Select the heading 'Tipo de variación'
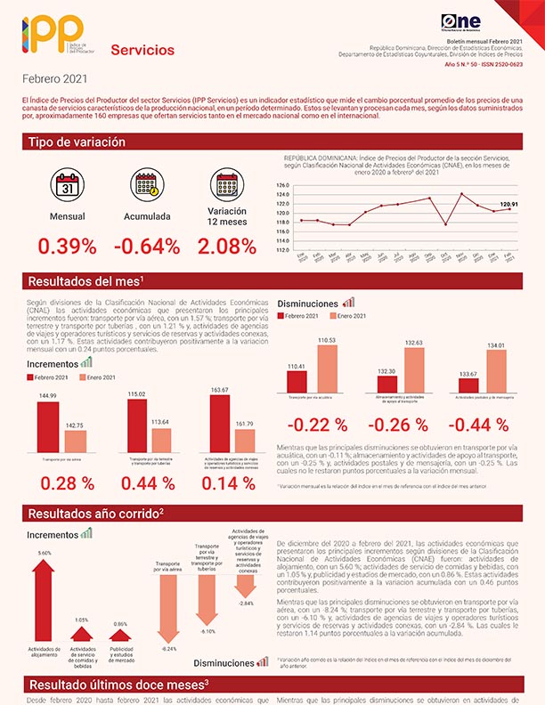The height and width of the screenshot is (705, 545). coord(77,142)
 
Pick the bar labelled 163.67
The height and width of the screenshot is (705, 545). coord(221,425)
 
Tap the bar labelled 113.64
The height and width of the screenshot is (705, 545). coord(161,440)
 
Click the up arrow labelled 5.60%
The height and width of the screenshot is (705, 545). coord(45,596)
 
